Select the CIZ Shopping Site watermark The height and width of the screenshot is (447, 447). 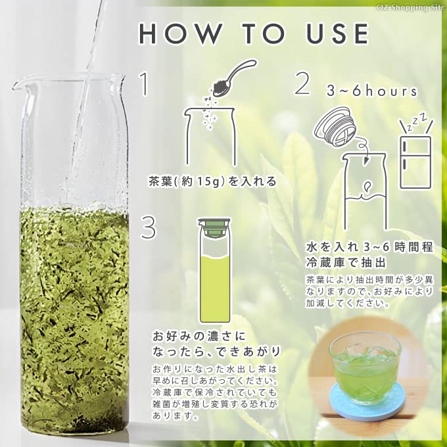point(412,6)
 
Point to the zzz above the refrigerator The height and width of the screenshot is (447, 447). point(415,120)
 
